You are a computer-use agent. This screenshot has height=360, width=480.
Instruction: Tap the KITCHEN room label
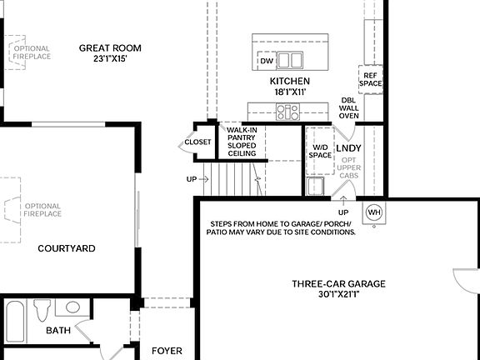pyautogui.click(x=289, y=81)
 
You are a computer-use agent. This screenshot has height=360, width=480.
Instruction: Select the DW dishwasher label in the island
pyautogui.click(x=267, y=62)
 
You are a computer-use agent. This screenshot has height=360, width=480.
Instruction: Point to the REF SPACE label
pyautogui.click(x=370, y=79)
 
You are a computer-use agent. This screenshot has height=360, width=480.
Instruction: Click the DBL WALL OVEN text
pyautogui.click(x=349, y=108)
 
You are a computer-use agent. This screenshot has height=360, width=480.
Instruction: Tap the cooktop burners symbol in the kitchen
pyautogui.click(x=288, y=111)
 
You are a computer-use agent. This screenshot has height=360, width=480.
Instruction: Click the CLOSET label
pyautogui.click(x=198, y=142)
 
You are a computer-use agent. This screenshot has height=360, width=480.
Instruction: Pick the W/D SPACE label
pyautogui.click(x=320, y=151)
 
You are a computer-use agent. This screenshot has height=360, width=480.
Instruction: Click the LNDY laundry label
pyautogui.click(x=347, y=148)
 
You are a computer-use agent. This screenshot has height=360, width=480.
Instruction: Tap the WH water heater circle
pyautogui.click(x=373, y=212)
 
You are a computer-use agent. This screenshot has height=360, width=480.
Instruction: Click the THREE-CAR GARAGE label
pyautogui.click(x=338, y=284)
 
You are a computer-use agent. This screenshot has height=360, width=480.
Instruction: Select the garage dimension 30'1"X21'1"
pyautogui.click(x=338, y=294)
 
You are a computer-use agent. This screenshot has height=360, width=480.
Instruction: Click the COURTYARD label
pyautogui.click(x=67, y=248)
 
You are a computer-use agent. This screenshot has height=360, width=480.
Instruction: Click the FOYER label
pyautogui.click(x=167, y=351)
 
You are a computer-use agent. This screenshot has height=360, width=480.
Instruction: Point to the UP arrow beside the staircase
pyautogui.click(x=192, y=179)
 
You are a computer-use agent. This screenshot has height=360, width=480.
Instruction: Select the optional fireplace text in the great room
pyautogui.click(x=32, y=52)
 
